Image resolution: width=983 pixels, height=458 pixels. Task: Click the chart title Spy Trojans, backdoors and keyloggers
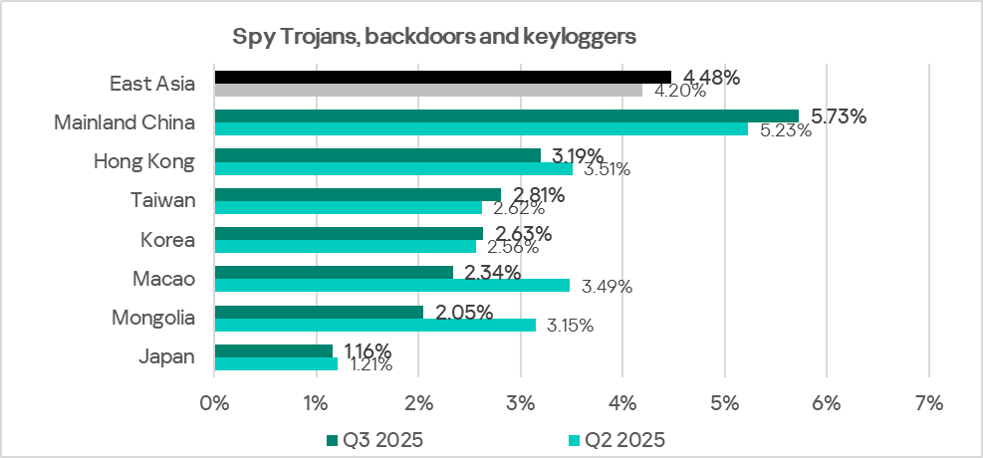pos(434,38)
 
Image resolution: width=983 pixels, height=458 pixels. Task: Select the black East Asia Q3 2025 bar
pos(443,77)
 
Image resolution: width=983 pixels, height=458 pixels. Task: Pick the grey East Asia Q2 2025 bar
pos(428,90)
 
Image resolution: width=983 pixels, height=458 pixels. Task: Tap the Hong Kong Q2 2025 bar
pos(393,168)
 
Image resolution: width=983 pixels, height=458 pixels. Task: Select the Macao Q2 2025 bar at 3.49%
pos(391,285)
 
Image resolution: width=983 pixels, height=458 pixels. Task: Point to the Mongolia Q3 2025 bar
pos(319,312)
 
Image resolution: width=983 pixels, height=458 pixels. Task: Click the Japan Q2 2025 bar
pos(276,363)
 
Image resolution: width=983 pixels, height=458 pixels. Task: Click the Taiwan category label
pos(164,200)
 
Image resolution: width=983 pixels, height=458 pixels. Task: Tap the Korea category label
pos(168,240)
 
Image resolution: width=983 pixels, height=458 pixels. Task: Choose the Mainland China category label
pos(124,122)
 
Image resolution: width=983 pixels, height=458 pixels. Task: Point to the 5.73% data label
pos(839,116)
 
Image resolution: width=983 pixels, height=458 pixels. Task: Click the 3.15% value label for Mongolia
pos(571,326)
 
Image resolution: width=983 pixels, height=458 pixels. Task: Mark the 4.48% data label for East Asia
pos(707,78)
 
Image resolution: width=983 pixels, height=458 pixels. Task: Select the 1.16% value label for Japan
pos(367,350)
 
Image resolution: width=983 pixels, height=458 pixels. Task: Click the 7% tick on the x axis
pos(928,403)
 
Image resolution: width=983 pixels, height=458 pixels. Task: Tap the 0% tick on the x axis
pos(214,403)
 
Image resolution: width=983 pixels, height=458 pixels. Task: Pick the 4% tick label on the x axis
pos(621,403)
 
